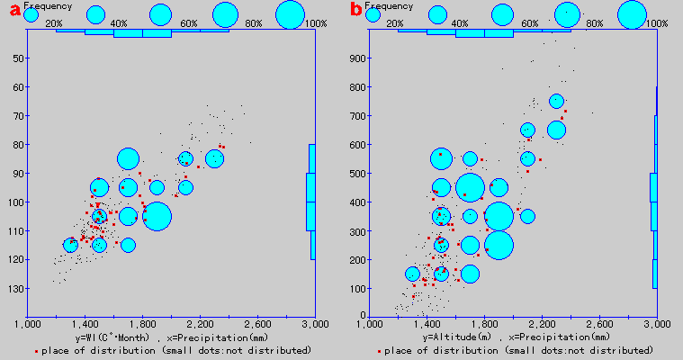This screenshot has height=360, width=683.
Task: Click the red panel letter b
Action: pyautogui.click(x=356, y=12)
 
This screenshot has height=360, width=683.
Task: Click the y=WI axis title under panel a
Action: pyautogui.click(x=171, y=337)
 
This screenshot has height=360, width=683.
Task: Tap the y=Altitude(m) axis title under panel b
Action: pyautogui.click(x=514, y=337)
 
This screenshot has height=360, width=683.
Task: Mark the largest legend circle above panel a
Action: pyautogui.click(x=291, y=14)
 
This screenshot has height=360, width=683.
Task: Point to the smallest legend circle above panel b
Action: pyautogui.click(x=373, y=14)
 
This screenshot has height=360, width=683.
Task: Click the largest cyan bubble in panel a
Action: pyautogui.click(x=157, y=217)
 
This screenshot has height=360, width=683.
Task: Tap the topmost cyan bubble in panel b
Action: pyautogui.click(x=556, y=102)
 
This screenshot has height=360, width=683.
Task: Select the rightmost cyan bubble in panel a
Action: pyautogui.click(x=214, y=158)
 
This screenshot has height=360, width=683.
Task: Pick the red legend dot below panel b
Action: pyautogui.click(x=380, y=350)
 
